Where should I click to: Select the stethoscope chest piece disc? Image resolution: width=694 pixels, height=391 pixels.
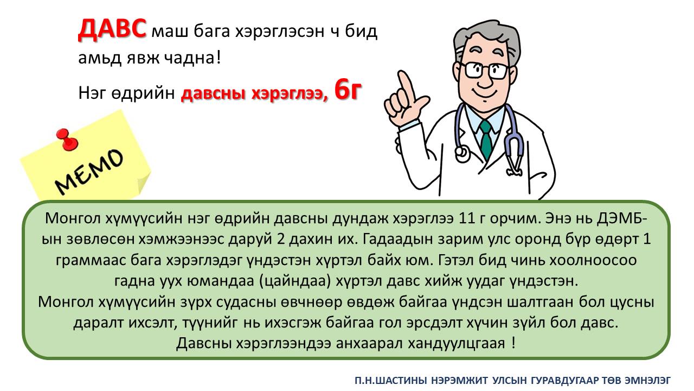click(462, 153)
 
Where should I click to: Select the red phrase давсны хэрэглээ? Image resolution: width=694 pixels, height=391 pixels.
click(254, 93)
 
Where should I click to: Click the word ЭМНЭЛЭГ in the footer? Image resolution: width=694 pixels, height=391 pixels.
click(647, 380)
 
